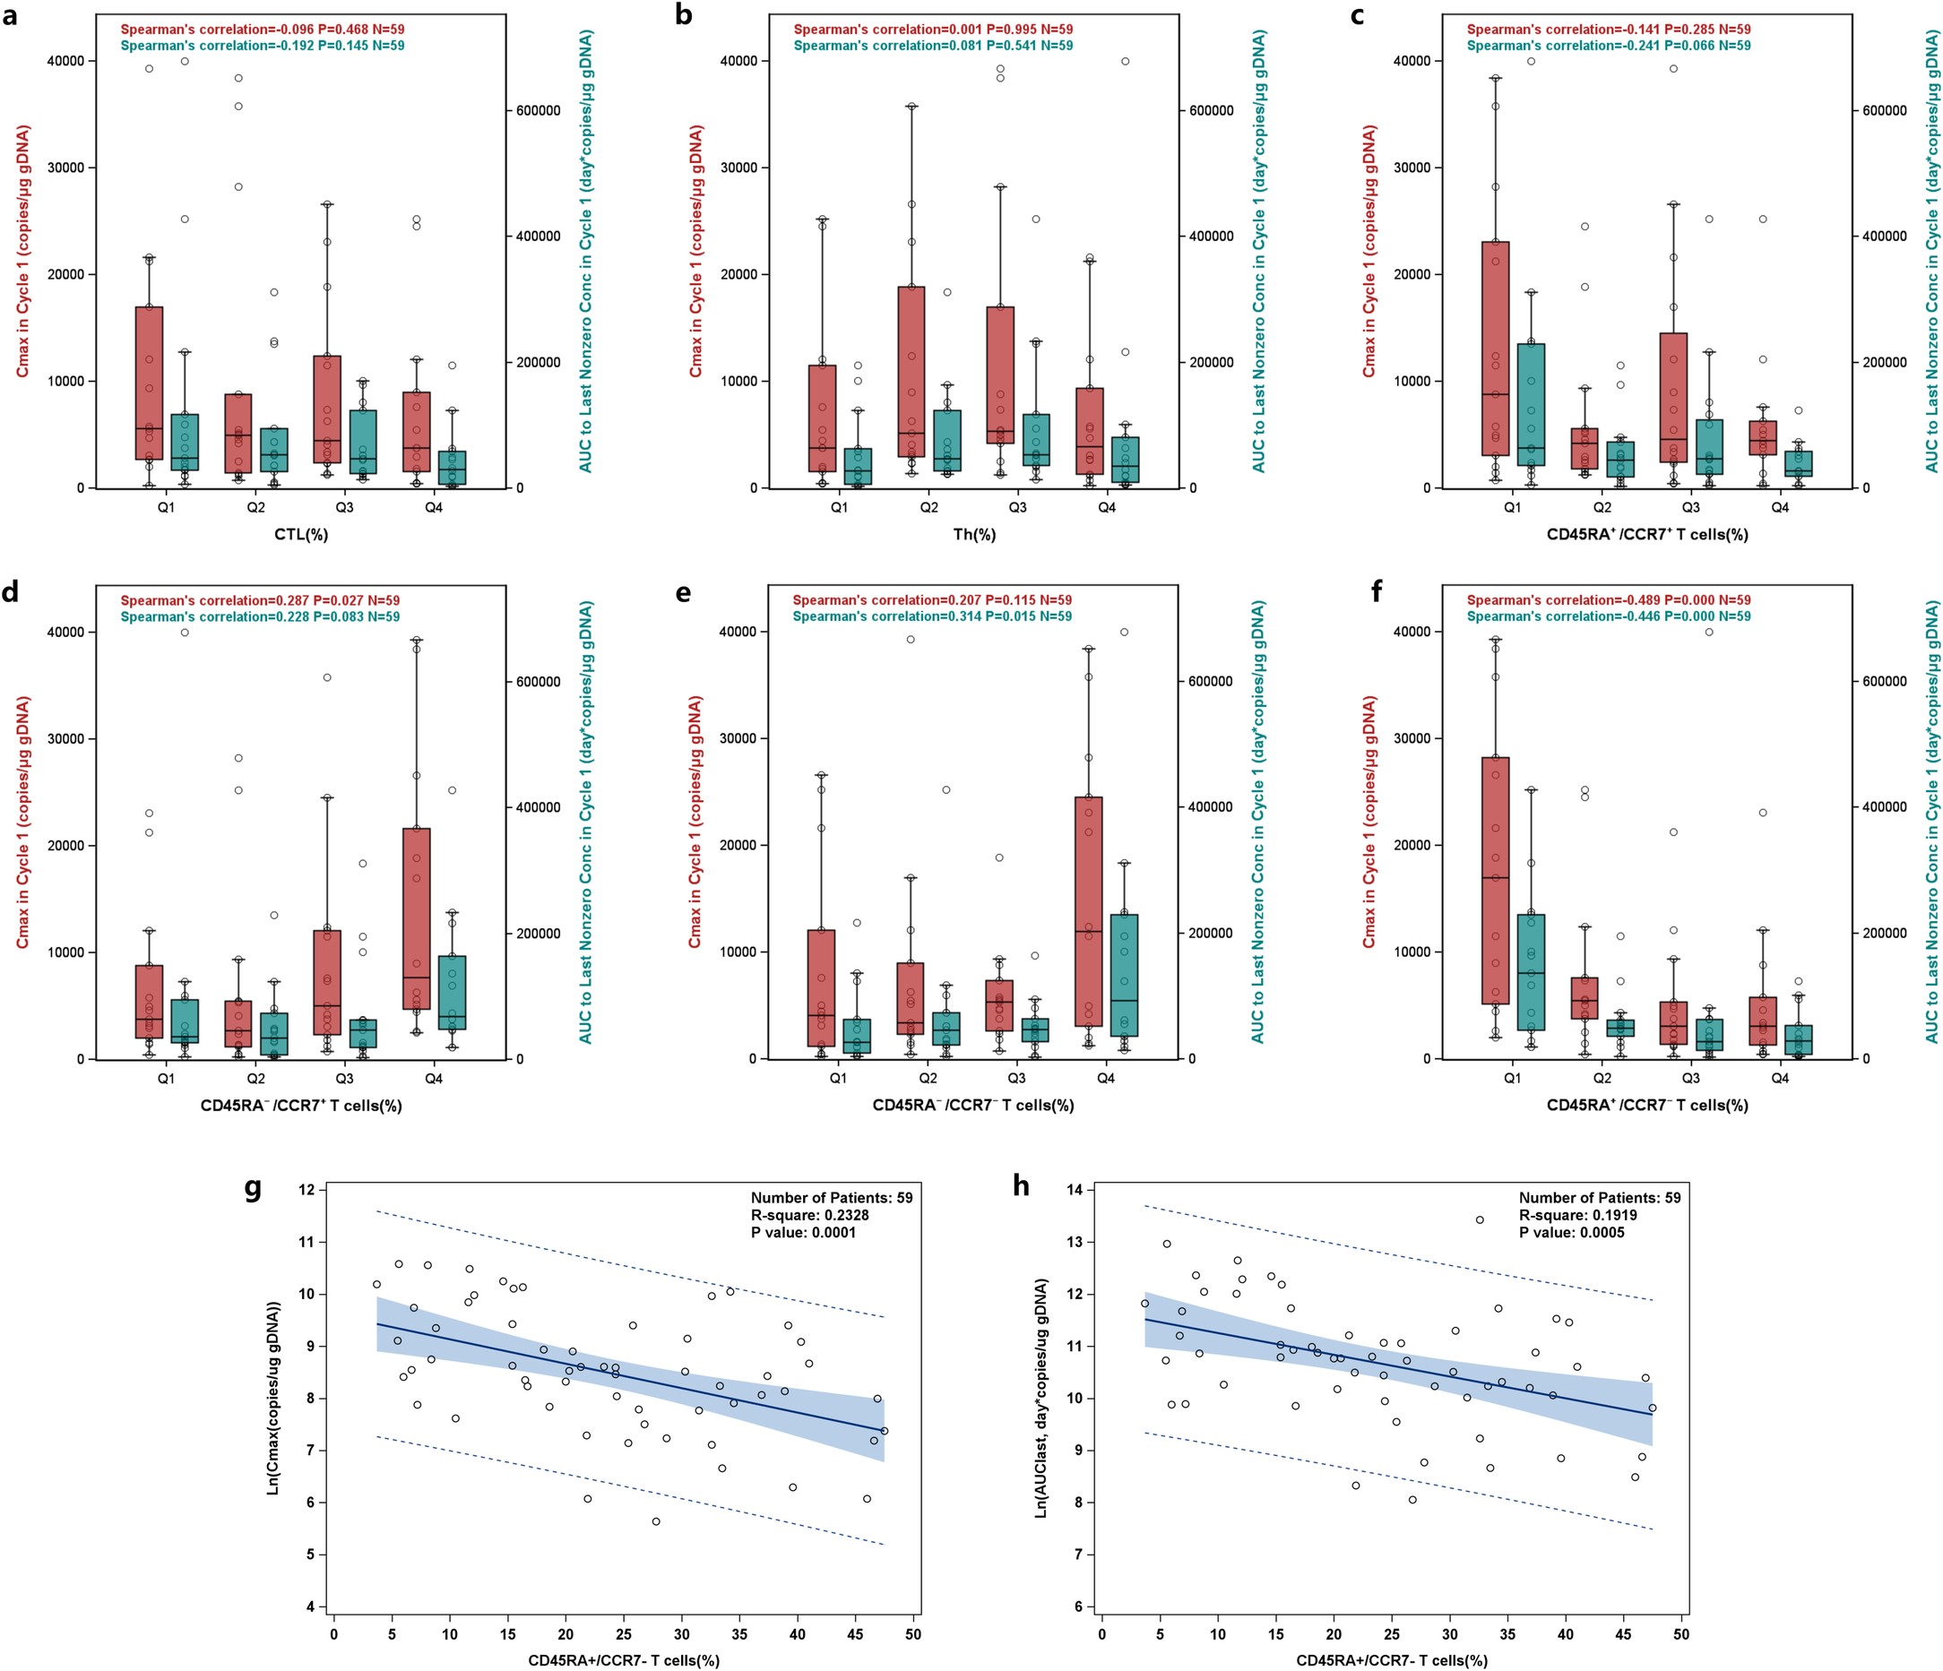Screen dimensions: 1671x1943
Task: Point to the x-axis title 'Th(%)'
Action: [973, 535]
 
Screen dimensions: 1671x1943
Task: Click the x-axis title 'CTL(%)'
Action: [300, 535]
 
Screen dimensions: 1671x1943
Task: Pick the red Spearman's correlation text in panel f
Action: [1608, 600]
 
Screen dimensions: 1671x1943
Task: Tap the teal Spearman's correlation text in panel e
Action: [932, 616]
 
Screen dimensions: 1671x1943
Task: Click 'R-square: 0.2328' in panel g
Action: [810, 1215]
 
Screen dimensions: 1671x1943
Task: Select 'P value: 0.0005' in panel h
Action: [1572, 1232]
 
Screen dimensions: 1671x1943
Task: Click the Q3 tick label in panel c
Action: [1691, 507]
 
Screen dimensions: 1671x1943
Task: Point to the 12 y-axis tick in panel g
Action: [307, 1190]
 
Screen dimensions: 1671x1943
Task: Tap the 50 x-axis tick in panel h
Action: [1681, 1634]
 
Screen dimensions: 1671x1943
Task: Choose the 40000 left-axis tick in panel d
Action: [65, 632]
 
